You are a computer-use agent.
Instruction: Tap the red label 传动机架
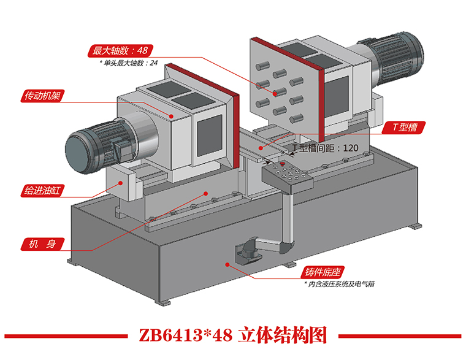coord(44,96)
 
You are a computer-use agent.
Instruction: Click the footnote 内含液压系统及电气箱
coord(339,284)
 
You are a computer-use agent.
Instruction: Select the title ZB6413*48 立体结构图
coord(233,335)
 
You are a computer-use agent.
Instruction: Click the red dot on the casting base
coord(227,265)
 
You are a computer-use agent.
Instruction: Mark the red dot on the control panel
coord(281,164)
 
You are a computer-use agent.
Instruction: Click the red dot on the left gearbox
coord(172,115)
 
